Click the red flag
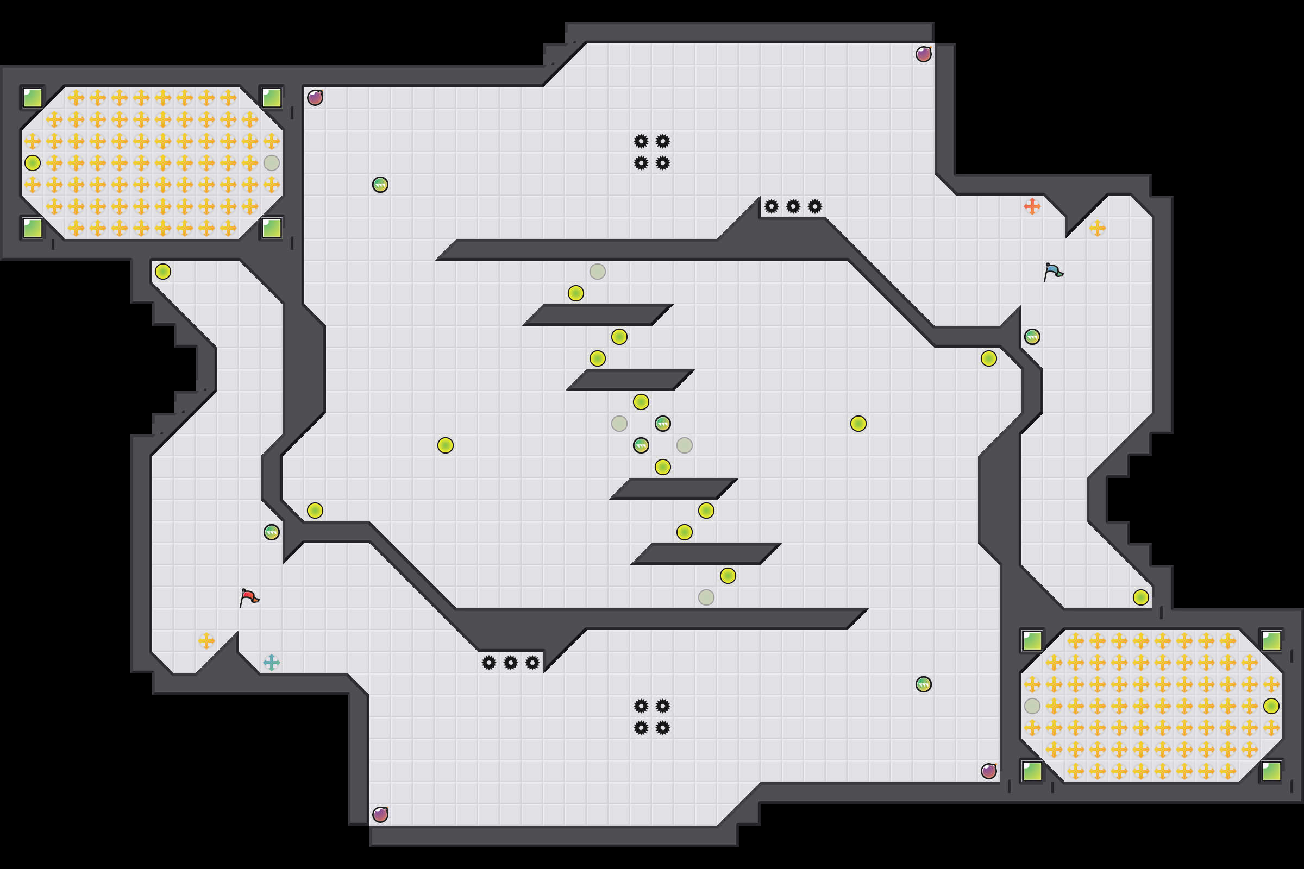click(249, 597)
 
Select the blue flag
click(1053, 272)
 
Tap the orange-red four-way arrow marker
click(1032, 206)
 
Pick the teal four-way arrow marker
click(271, 662)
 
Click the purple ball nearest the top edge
click(923, 54)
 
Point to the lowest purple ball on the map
click(380, 814)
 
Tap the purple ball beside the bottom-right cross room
click(988, 771)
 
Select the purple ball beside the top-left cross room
click(315, 98)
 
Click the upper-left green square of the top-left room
click(33, 98)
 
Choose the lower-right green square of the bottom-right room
click(1271, 771)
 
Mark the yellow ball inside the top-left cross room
click(33, 163)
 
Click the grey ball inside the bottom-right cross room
click(1032, 706)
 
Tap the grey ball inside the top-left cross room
click(271, 163)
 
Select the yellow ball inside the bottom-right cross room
click(1271, 706)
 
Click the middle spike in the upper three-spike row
click(793, 207)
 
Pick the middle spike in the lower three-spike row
click(510, 663)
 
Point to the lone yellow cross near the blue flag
click(1097, 228)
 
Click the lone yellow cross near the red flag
click(206, 641)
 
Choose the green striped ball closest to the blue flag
click(1032, 336)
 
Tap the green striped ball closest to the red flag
click(271, 532)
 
